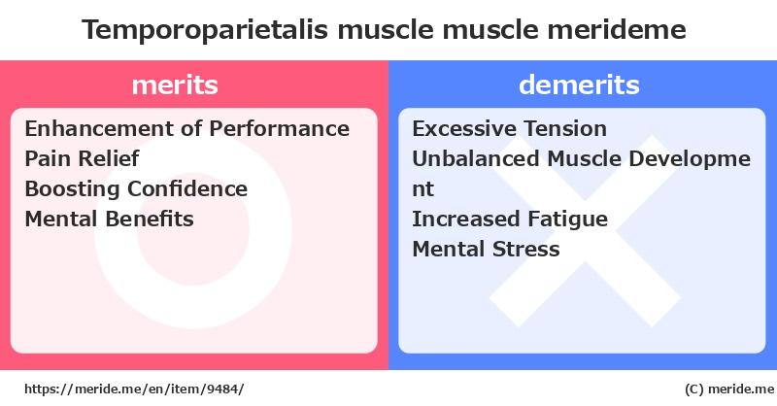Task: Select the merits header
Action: pos(175,85)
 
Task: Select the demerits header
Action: pos(579,85)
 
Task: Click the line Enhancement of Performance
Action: pos(186,128)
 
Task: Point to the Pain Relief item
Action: pos(83,158)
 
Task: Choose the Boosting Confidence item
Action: pos(136,188)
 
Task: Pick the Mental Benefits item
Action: pos(109,219)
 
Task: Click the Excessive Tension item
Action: pos(509,128)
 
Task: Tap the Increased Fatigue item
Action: pos(510,219)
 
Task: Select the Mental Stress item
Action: pos(486,249)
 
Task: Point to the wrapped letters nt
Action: pos(423,189)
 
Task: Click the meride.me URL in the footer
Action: pos(133,389)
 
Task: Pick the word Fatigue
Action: pos(568,219)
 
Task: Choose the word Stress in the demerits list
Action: pos(526,249)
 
